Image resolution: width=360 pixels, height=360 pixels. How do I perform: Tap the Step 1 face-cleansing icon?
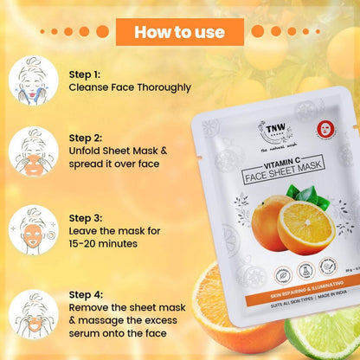click(x=33, y=80)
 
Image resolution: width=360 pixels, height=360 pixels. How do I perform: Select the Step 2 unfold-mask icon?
click(x=33, y=154)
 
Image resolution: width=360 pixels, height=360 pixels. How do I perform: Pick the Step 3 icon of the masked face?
click(x=33, y=229)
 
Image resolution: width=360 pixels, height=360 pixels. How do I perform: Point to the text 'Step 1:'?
click(x=85, y=74)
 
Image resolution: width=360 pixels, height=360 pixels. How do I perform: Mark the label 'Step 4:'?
click(x=86, y=295)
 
